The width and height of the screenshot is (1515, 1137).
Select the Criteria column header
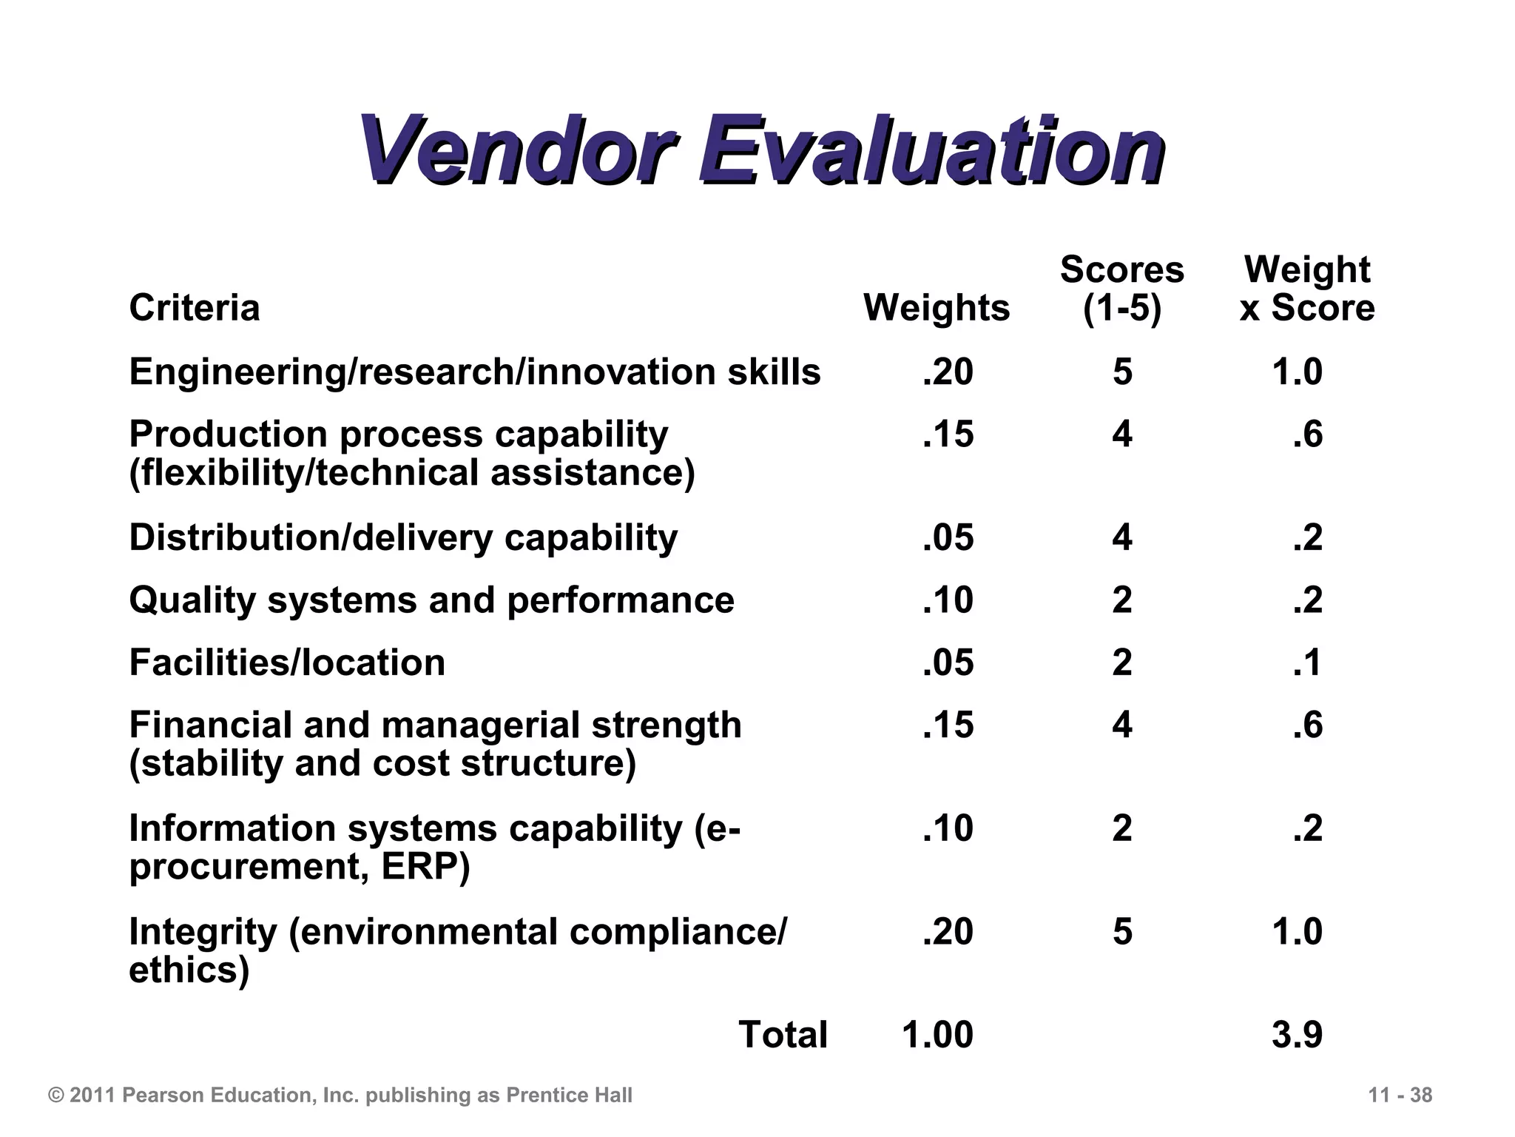coord(195,307)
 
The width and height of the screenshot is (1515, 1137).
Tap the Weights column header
coord(937,307)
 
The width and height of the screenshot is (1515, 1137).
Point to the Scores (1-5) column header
coord(1121,289)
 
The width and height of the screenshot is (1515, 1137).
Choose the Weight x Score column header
coord(1307,289)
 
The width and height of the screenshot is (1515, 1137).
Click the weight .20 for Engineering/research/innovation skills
coord(948,372)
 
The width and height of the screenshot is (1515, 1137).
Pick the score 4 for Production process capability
coord(1122,434)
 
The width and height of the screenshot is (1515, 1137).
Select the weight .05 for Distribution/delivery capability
coord(948,537)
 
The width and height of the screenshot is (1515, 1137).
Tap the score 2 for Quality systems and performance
coord(1122,600)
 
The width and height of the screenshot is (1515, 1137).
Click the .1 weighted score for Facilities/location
coord(1308,663)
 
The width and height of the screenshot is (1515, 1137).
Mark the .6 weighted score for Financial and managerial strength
coord(1308,725)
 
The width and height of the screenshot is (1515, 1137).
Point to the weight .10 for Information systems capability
coord(948,828)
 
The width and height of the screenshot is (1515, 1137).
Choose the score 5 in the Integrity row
coord(1122,931)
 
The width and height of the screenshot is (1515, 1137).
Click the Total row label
coord(783,1034)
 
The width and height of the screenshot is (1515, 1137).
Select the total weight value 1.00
coord(937,1034)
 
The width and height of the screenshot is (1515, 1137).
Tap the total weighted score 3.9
coord(1297,1034)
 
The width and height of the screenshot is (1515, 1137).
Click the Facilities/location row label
coord(287,663)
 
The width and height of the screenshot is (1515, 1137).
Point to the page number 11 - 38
coord(1400,1095)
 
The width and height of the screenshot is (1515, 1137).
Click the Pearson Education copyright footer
coord(340,1095)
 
